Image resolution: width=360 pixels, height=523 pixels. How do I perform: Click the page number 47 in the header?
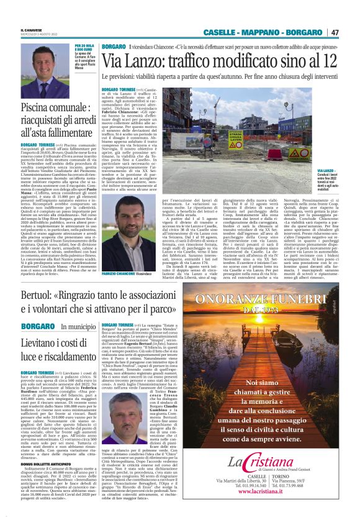pyautogui.click(x=335, y=32)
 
